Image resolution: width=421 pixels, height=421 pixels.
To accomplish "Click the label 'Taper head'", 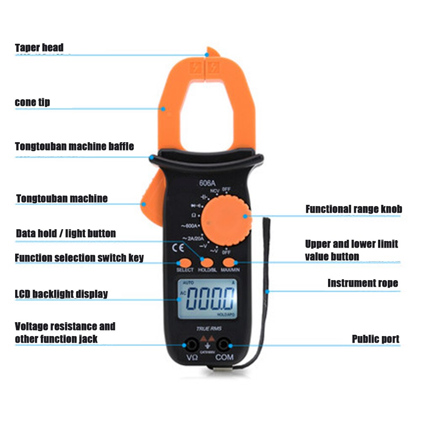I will [39, 48].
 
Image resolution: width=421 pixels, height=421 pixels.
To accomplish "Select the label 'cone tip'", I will [32, 102].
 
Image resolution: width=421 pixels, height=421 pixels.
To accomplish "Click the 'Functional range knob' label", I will [353, 209].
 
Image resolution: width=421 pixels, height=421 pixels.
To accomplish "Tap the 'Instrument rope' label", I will [363, 283].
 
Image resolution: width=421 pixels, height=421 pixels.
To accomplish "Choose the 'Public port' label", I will [375, 339].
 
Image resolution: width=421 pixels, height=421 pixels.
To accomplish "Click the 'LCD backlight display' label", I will [61, 294].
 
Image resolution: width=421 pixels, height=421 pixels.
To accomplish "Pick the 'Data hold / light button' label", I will [66, 233].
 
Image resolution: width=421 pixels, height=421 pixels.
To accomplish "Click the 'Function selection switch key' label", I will [79, 257].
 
